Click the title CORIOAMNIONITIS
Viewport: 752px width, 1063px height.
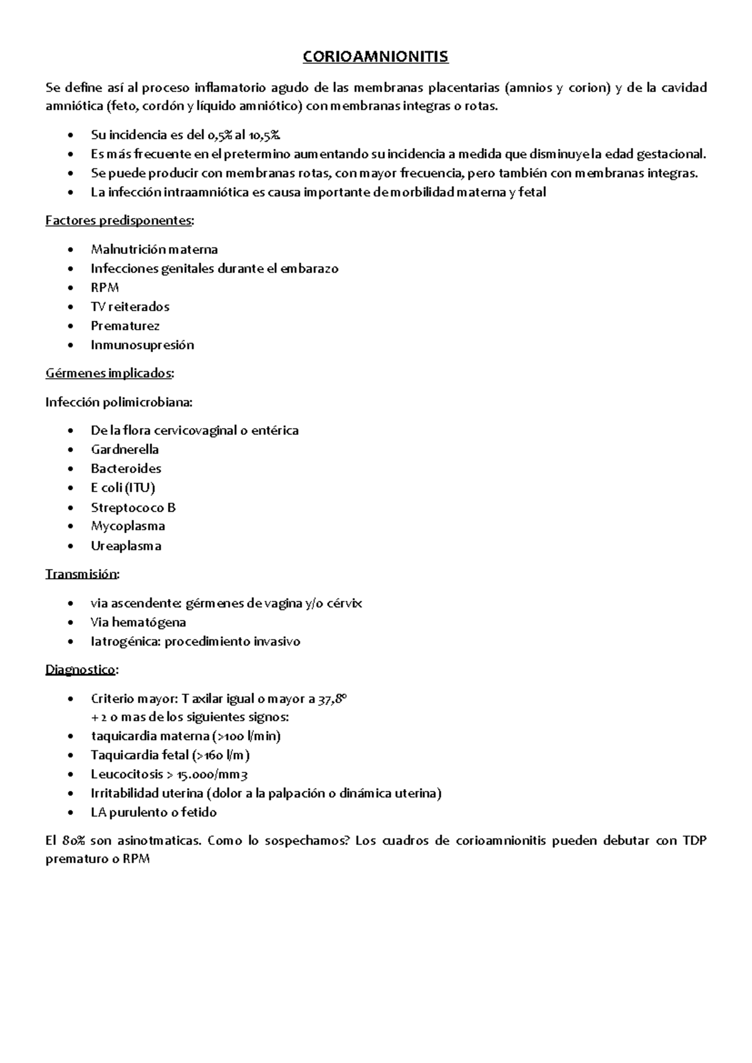point(375,57)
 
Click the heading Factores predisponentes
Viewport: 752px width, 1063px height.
point(119,221)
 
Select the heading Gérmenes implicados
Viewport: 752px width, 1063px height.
point(109,374)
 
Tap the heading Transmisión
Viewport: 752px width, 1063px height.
point(81,574)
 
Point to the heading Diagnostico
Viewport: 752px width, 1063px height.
point(80,670)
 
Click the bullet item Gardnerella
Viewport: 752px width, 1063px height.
point(125,449)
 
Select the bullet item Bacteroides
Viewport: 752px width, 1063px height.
point(126,469)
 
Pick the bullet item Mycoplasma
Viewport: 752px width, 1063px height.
point(128,526)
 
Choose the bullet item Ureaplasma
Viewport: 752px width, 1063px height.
point(126,546)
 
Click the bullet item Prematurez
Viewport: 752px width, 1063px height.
point(125,326)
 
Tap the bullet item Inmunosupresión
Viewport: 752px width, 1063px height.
point(142,345)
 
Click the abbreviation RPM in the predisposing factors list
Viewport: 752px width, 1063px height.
point(105,288)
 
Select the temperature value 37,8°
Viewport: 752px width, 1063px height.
point(331,699)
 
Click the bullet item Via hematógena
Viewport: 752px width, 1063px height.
point(138,622)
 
